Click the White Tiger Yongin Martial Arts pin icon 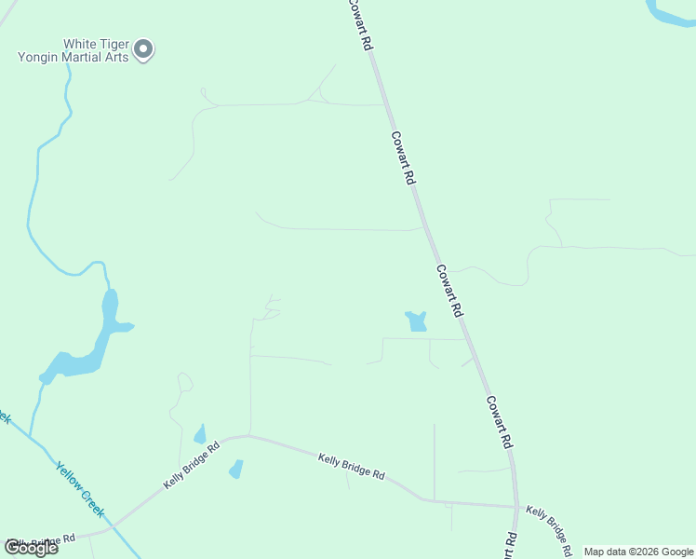click(x=143, y=48)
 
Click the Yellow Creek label click(x=80, y=490)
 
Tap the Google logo click(x=31, y=548)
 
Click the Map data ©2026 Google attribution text click(x=639, y=552)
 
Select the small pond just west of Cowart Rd click(x=416, y=321)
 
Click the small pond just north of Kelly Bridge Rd click(x=199, y=434)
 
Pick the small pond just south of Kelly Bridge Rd click(x=236, y=469)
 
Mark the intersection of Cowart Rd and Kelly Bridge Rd click(x=516, y=507)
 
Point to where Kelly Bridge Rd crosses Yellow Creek click(x=112, y=528)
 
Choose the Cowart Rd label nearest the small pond click(x=449, y=290)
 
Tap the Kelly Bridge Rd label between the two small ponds click(x=192, y=464)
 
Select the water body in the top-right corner click(x=672, y=11)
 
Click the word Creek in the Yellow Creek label click(x=92, y=503)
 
